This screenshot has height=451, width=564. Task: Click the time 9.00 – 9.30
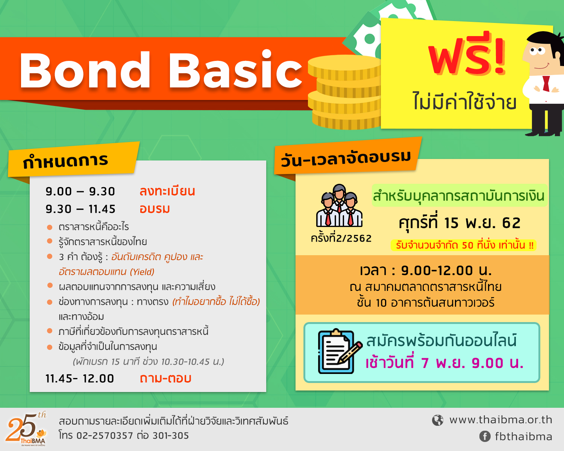pyautogui.click(x=80, y=192)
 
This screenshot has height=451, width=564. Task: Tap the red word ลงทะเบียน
pyautogui.click(x=167, y=191)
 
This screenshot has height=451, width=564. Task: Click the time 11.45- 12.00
pyautogui.click(x=80, y=379)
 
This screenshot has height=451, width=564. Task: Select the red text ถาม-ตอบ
pyautogui.click(x=165, y=378)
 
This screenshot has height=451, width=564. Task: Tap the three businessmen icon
pyautogui.click(x=339, y=206)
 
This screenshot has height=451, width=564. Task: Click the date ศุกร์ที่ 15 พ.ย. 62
pyautogui.click(x=459, y=223)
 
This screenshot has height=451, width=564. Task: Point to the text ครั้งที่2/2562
pyautogui.click(x=341, y=239)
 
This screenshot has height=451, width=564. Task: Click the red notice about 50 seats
pyautogui.click(x=463, y=245)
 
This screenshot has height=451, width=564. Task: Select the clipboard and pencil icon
pyautogui.click(x=340, y=351)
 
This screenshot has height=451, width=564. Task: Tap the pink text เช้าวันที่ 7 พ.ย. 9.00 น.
pyautogui.click(x=444, y=363)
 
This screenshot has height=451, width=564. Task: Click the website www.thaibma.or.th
pyautogui.click(x=500, y=420)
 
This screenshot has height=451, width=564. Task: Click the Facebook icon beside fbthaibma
pyautogui.click(x=485, y=436)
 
